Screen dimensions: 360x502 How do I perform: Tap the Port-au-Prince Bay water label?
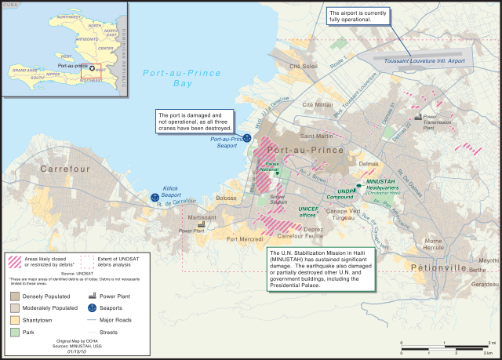pos(178,77)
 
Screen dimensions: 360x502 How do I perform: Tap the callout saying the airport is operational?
pos(360,17)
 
